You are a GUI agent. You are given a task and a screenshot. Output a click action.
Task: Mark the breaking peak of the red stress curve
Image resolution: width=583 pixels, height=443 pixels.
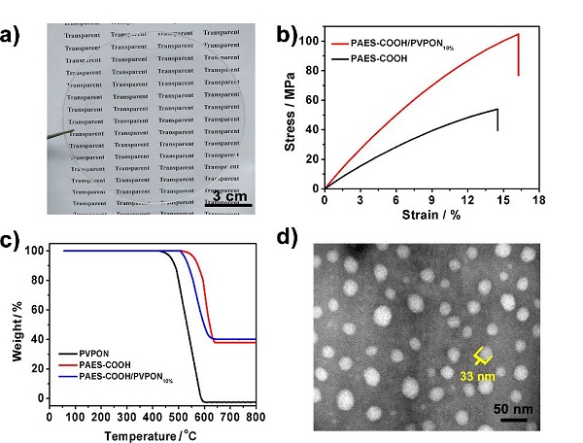518,34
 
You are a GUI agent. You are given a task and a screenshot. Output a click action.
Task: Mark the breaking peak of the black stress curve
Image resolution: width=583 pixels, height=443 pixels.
497,109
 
